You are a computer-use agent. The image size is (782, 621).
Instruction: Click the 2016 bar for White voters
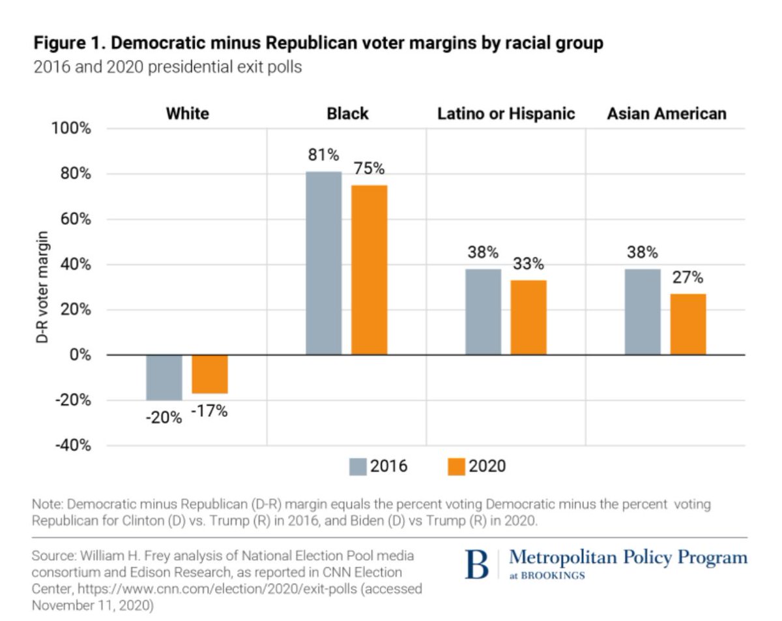tap(164, 378)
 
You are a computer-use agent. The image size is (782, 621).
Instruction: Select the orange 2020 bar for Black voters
tap(369, 270)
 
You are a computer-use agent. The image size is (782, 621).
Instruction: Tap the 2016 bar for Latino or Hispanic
tap(483, 312)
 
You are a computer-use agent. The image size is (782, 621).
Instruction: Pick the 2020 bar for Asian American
tap(688, 324)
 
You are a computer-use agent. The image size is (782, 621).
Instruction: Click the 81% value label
tap(324, 156)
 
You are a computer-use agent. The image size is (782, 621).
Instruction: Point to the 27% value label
tap(688, 278)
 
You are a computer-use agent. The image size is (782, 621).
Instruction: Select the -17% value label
tap(210, 412)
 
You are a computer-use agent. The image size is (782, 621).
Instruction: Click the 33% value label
tap(528, 264)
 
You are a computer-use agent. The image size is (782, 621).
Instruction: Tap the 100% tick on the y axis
tap(71, 129)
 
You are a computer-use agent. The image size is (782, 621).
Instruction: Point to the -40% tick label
tap(71, 446)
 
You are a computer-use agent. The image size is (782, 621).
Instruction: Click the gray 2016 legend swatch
tap(358, 466)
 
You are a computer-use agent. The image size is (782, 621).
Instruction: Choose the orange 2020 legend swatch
tap(456, 466)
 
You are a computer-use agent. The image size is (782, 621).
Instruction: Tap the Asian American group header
tap(666, 114)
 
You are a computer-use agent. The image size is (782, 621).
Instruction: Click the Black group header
tap(347, 114)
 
